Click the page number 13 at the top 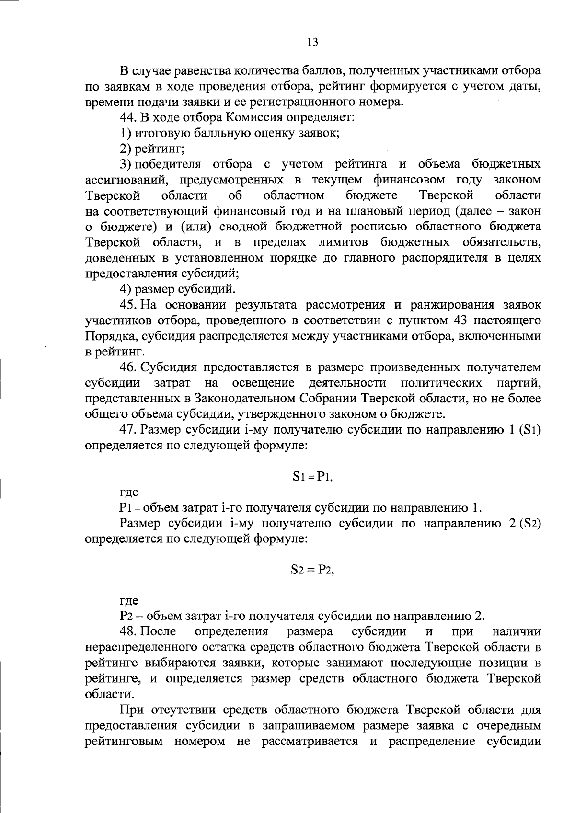coord(312,42)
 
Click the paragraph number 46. coord(128,367)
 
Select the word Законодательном coord(241,398)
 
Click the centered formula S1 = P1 coord(312,477)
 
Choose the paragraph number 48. coord(128,632)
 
